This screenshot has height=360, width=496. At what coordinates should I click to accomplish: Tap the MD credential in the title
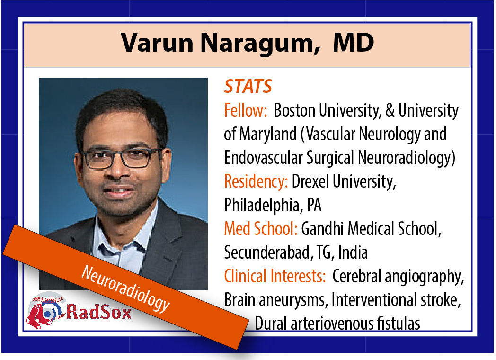tap(354, 42)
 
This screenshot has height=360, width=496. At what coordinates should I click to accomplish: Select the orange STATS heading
tap(248, 86)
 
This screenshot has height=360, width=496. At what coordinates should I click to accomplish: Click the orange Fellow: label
tap(246, 110)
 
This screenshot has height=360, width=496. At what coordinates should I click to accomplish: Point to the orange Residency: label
tap(256, 181)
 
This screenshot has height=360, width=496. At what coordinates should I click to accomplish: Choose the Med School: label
tap(261, 229)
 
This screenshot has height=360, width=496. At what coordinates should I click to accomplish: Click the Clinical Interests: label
tap(275, 276)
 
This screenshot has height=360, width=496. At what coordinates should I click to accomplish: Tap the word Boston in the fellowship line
tap(294, 110)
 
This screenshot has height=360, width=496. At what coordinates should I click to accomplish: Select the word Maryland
tap(267, 135)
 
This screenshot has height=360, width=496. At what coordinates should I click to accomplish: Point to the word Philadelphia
tap(262, 206)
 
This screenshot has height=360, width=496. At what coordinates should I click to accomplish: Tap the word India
tap(353, 252)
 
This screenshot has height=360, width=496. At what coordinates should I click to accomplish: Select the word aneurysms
tap(292, 300)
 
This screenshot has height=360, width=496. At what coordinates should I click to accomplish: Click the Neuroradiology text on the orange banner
tap(125, 289)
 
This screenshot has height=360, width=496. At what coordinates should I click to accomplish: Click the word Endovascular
tap(263, 158)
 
